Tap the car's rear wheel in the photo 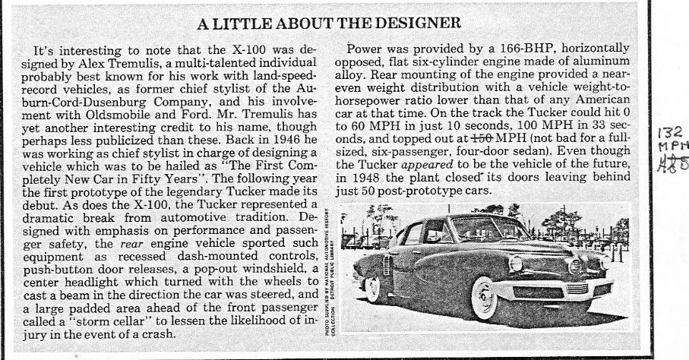coord(373,286)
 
